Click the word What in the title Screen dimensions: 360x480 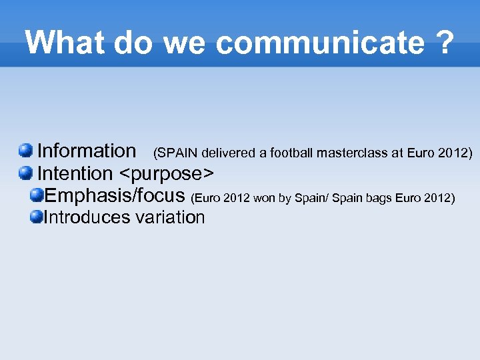click(65, 43)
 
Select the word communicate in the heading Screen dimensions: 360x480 click(320, 43)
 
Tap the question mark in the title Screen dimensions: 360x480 click(444, 43)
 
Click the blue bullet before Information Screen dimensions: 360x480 click(25, 151)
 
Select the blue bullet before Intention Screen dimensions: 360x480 click(25, 173)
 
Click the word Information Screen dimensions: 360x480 click(86, 151)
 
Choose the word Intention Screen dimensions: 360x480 click(75, 173)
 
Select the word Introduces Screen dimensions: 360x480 click(87, 217)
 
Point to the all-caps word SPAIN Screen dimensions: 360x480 click(175, 153)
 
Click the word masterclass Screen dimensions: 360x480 click(352, 153)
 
